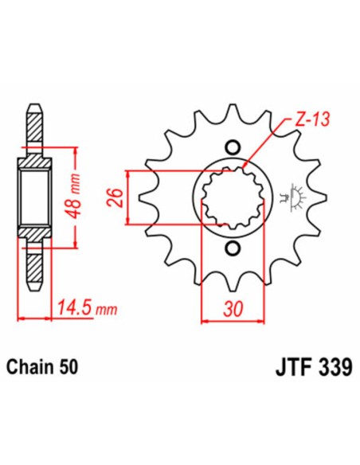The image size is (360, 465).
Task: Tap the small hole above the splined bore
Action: tap(233, 147)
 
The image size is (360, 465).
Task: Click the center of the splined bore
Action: tap(233, 198)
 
